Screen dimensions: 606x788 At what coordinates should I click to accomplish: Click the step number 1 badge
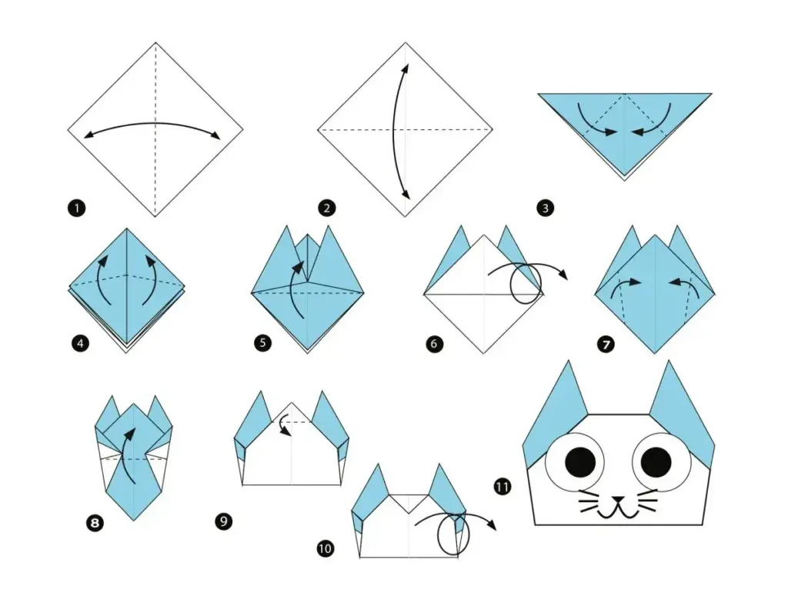pyautogui.click(x=76, y=207)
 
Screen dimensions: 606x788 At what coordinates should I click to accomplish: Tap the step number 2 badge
pyautogui.click(x=327, y=208)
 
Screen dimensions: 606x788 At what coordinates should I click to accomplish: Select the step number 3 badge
pyautogui.click(x=546, y=208)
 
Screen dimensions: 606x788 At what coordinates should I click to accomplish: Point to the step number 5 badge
pyautogui.click(x=264, y=343)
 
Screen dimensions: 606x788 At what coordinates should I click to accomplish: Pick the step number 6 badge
pyautogui.click(x=434, y=344)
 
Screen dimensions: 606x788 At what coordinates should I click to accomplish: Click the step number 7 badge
pyautogui.click(x=606, y=344)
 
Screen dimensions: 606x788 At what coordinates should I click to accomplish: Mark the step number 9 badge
pyautogui.click(x=223, y=522)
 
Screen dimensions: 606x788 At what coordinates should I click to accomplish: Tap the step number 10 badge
pyautogui.click(x=326, y=548)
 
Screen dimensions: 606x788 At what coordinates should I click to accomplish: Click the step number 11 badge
pyautogui.click(x=503, y=487)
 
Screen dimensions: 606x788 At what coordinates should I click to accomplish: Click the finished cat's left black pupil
pyautogui.click(x=580, y=461)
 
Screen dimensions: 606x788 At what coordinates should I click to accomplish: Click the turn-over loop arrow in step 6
pyautogui.click(x=527, y=283)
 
